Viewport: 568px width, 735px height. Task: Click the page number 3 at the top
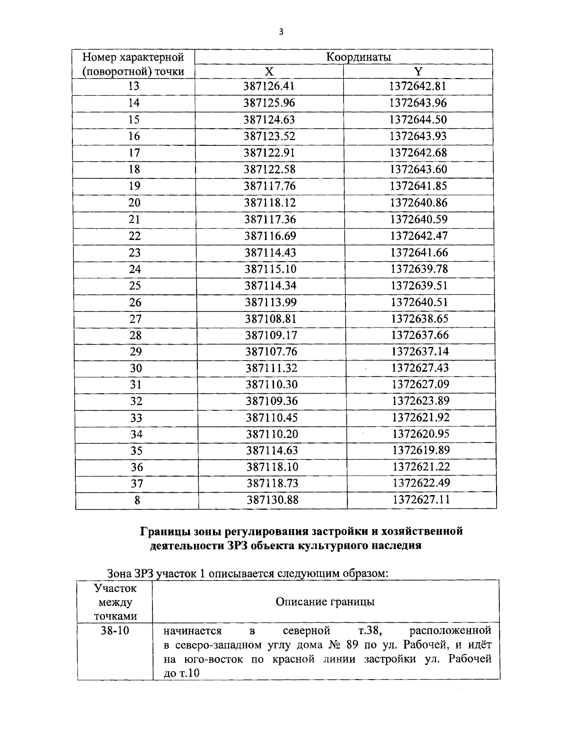[282, 32]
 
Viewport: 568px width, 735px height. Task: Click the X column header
[269, 71]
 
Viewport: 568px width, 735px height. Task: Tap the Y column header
[418, 71]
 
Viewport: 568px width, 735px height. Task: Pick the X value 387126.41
[269, 86]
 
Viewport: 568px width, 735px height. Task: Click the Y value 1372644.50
[418, 119]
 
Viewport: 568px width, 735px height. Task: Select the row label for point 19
[134, 186]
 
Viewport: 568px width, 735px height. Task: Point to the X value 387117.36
[270, 219]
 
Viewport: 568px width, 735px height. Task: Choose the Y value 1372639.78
[419, 269]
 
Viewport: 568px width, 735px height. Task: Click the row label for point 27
[135, 319]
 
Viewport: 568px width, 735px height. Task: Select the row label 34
[136, 434]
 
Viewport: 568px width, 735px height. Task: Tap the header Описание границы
[325, 602]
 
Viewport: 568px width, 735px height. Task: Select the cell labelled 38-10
[115, 631]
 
